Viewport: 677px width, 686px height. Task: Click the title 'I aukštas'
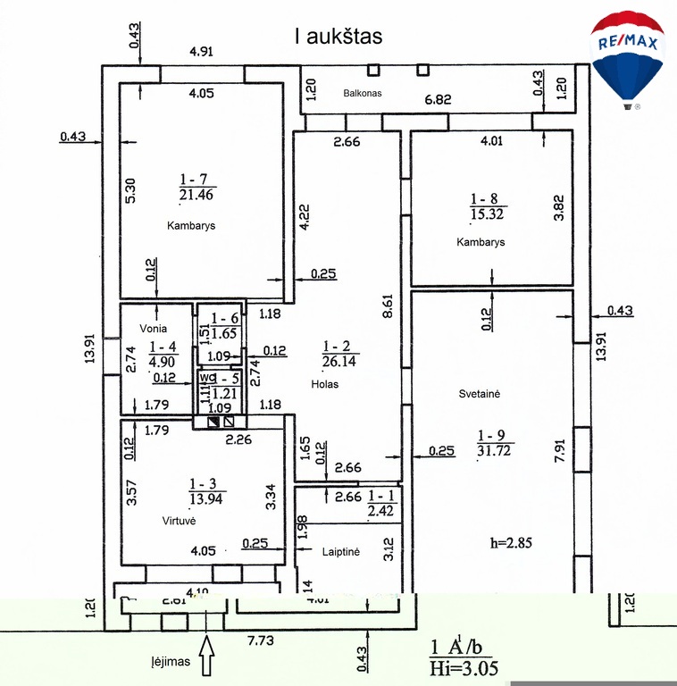[x=338, y=37]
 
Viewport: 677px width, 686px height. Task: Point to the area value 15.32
[x=487, y=213]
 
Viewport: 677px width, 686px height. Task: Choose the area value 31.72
[x=495, y=450]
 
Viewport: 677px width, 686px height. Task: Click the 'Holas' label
[x=325, y=385]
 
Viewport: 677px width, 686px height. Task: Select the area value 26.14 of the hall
[x=338, y=362]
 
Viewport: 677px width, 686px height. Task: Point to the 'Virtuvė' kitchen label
[x=179, y=520]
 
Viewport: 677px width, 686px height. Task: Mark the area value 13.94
[x=207, y=498]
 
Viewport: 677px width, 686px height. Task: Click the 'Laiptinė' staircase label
[x=340, y=553]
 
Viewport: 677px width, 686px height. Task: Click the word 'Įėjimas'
[x=170, y=663]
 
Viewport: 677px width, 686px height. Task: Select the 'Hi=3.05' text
[x=463, y=667]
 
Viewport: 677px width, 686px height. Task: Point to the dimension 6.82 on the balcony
[x=437, y=99]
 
